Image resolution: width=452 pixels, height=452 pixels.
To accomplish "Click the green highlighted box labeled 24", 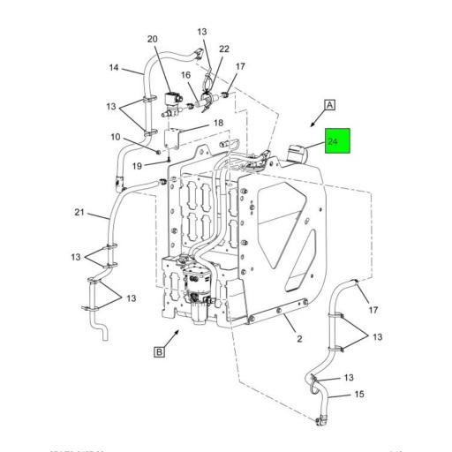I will point(337,141).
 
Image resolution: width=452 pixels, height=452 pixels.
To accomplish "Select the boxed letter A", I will point(329,105).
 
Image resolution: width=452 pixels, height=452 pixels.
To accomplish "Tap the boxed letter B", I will point(160,353).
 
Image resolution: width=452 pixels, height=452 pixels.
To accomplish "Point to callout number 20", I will point(152,39).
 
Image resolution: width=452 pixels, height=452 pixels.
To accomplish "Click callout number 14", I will point(114,68).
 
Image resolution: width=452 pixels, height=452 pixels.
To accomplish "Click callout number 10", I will point(115,137).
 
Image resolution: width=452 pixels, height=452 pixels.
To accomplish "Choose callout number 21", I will point(79,213).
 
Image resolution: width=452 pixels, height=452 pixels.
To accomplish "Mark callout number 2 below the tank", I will point(299,339).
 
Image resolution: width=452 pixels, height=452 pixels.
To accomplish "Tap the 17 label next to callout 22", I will point(241,65).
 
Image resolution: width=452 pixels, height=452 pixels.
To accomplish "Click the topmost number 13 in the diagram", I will point(201,31).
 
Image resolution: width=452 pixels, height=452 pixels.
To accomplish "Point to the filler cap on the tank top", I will point(296,152).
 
